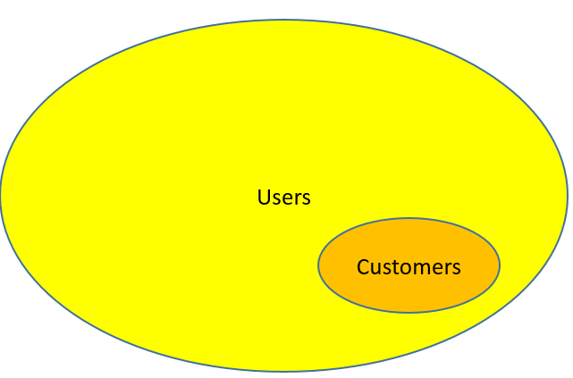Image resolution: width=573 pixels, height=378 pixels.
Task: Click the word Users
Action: tap(283, 197)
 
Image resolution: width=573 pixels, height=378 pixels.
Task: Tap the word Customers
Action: tap(409, 266)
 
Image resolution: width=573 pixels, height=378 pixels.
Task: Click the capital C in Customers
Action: tap(363, 266)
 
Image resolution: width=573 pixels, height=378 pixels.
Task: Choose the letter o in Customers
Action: tap(405, 267)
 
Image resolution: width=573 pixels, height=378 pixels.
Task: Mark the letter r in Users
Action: tap(298, 198)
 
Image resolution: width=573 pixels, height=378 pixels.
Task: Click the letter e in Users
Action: tap(288, 198)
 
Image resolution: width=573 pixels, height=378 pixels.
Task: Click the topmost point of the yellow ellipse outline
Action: tap(283, 20)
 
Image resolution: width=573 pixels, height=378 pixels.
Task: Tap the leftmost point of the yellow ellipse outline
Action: tap(1, 195)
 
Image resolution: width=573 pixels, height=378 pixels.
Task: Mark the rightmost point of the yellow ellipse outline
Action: tap(567, 195)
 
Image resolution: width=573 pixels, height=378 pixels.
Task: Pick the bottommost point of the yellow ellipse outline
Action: tap(283, 370)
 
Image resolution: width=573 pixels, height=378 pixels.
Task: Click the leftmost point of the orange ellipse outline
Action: tap(319, 265)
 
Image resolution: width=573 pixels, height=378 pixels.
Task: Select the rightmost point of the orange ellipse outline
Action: tap(499, 265)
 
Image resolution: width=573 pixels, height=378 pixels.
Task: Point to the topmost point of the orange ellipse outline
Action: tap(409, 219)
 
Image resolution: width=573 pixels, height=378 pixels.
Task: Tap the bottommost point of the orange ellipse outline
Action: tap(409, 312)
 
